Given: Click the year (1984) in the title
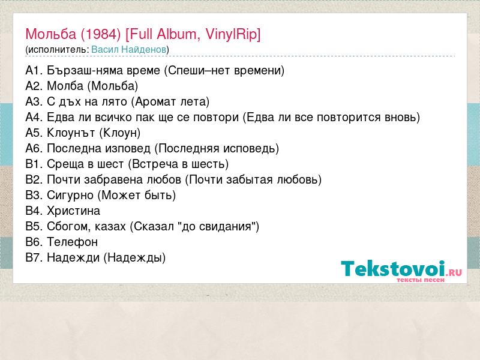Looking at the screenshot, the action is click(101, 34).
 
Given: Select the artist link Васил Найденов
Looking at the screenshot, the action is click(129, 50).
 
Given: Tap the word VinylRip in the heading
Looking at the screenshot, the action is click(232, 34).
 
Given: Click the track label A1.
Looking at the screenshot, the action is click(34, 71).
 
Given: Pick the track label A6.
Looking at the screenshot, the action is click(34, 148).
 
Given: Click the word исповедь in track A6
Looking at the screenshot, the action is click(248, 149).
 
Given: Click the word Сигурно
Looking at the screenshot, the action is click(70, 196).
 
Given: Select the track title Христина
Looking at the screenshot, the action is click(73, 211).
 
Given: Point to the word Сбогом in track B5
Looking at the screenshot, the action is click(68, 227).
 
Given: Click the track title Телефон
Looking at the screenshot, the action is click(72, 242).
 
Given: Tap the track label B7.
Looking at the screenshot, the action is click(34, 258).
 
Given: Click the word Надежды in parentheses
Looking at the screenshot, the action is click(134, 258).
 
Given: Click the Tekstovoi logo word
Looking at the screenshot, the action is click(393, 268).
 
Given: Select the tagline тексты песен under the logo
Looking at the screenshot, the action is click(421, 280).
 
